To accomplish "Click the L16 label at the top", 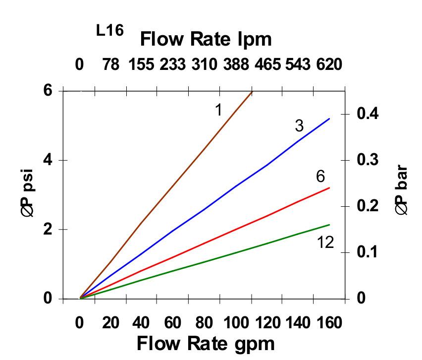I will (109, 30).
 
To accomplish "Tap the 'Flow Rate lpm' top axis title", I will (206, 39).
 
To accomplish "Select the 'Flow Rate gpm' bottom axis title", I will (205, 343).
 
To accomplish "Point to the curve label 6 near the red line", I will (320, 176).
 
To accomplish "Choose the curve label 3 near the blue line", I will (299, 126).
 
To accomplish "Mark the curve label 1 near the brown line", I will (218, 110).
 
